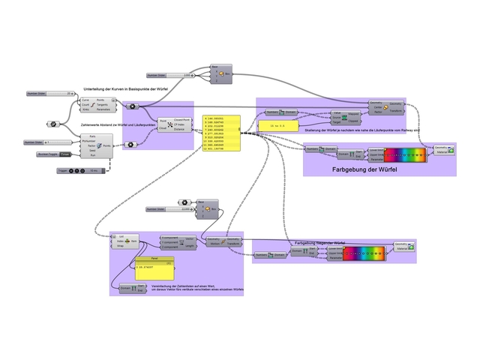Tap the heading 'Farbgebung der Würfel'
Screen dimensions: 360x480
tap(364, 170)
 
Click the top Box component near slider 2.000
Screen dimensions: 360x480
tap(223, 73)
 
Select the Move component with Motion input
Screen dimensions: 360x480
tap(223, 241)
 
